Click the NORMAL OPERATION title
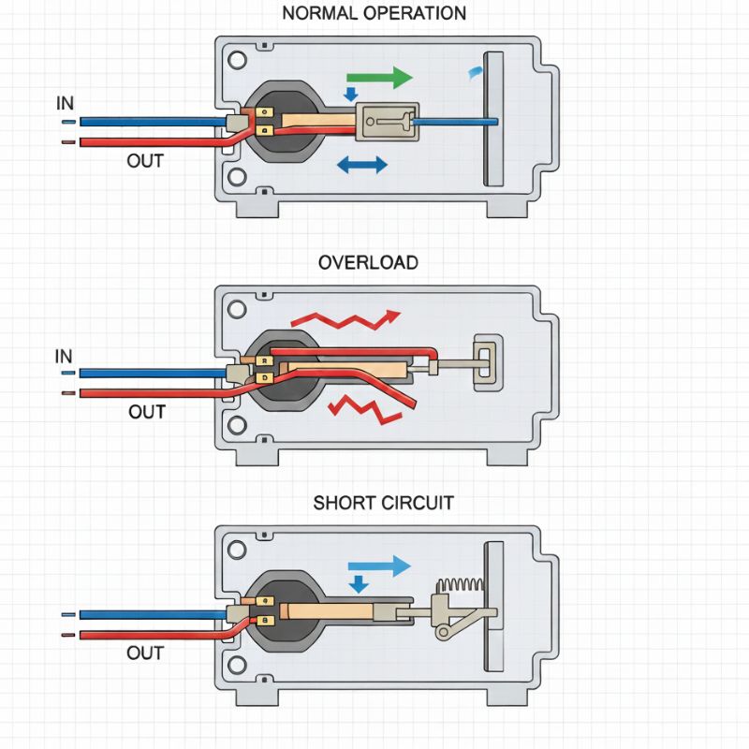374,13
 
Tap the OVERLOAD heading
368,262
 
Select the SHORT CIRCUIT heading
383,503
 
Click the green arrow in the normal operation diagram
378,77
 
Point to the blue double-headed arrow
361,166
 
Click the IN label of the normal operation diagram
64,103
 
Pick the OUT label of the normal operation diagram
145,161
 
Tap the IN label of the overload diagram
64,356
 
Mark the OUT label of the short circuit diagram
145,653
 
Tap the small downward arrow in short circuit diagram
358,584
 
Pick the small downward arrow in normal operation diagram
351,94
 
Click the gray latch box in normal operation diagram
384,122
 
